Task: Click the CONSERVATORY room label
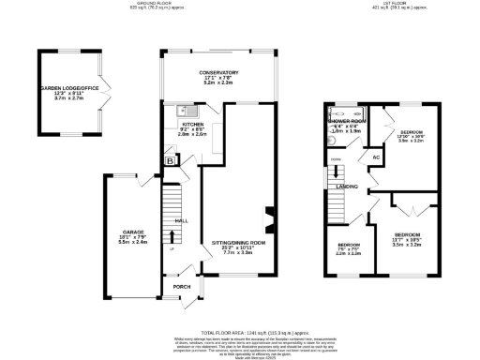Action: click(217, 72)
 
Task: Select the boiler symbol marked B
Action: click(170, 160)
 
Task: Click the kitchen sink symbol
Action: click(182, 111)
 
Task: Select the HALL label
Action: click(182, 220)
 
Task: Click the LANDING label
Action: click(339, 187)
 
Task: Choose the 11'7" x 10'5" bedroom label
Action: click(407, 233)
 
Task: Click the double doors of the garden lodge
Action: click(106, 91)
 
